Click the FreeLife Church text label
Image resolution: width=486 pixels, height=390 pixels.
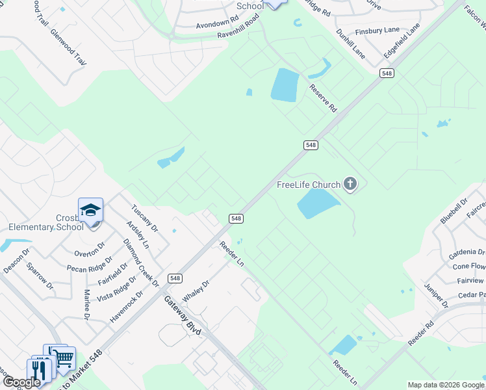coord(309,185)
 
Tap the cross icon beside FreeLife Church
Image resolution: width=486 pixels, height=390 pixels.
coord(350,184)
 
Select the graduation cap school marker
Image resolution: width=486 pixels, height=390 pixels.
coord(91,210)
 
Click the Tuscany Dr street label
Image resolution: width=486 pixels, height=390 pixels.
coord(144,219)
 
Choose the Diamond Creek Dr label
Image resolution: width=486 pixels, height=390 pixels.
coord(141,263)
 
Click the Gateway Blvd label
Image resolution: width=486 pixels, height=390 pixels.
coord(184,316)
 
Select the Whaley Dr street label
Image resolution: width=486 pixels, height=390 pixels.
coord(196,291)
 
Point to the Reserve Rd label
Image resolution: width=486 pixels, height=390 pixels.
coord(324,97)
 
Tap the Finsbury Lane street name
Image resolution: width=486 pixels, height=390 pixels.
coord(377,31)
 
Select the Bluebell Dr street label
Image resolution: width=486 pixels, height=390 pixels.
coord(454,211)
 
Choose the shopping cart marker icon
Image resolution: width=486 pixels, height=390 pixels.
coord(63,357)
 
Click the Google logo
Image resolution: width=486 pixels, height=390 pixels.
coord(21,382)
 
